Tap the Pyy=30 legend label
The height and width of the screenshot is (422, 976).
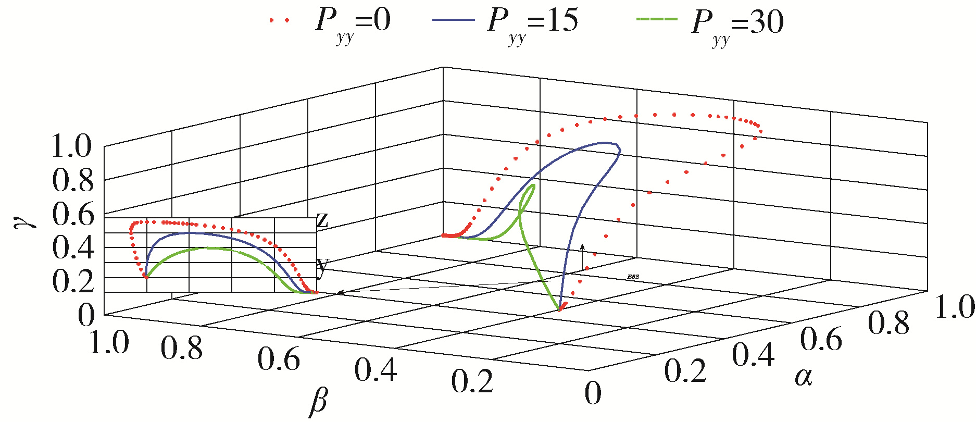(x=737, y=23)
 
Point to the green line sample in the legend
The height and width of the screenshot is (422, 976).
(x=657, y=19)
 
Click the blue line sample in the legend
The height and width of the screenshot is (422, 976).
(x=453, y=19)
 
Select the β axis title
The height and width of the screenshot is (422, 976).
(x=319, y=403)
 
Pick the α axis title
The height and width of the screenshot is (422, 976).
(x=804, y=376)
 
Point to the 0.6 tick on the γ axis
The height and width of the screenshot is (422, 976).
(x=73, y=214)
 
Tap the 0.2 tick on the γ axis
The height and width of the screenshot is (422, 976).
(x=73, y=282)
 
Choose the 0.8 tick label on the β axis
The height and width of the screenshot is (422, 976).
(x=181, y=348)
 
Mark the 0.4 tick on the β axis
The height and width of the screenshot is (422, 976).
(x=376, y=370)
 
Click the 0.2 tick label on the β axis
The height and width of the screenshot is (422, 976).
(x=472, y=381)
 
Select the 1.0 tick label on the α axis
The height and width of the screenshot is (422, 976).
(x=955, y=307)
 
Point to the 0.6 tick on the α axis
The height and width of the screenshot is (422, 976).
(x=821, y=340)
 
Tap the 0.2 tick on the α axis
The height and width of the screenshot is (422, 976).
(x=685, y=372)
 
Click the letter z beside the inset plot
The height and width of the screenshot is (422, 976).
(x=322, y=221)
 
